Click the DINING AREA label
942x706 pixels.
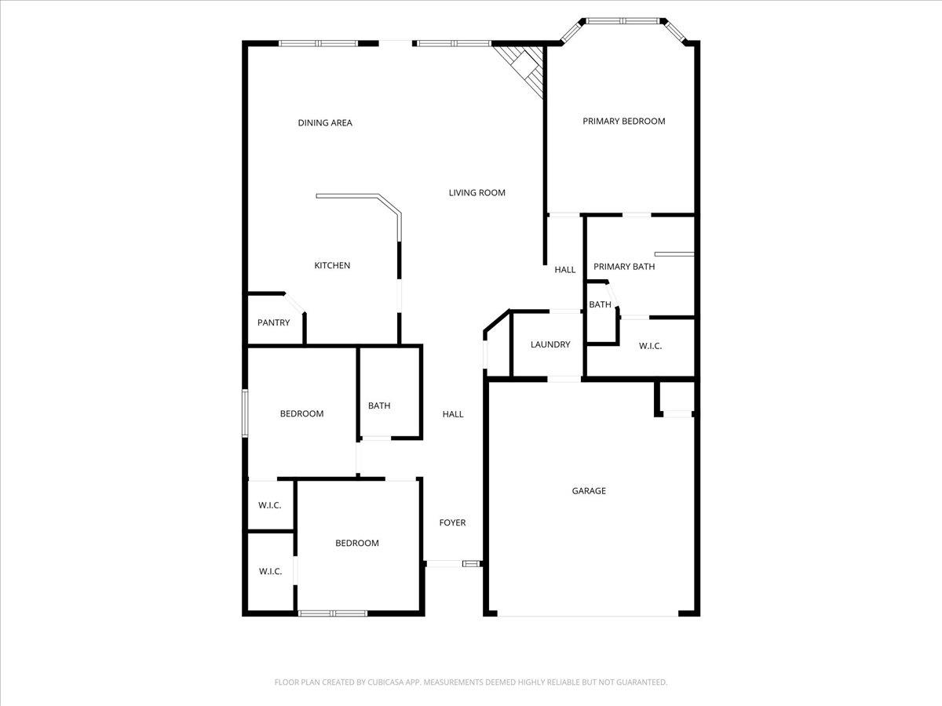click(x=325, y=122)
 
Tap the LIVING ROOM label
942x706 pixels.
click(x=476, y=192)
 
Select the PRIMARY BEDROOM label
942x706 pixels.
click(x=623, y=121)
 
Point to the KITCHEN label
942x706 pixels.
click(x=332, y=265)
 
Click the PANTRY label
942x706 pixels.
click(x=273, y=322)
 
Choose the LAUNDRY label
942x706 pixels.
click(x=549, y=344)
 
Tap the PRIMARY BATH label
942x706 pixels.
click(x=623, y=266)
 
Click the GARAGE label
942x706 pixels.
click(x=588, y=491)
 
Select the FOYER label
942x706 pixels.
click(x=452, y=522)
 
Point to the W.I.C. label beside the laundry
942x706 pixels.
click(x=650, y=345)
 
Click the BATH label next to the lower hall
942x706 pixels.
click(x=379, y=406)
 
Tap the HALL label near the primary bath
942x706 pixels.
click(x=564, y=270)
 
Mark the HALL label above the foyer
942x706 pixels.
click(x=452, y=414)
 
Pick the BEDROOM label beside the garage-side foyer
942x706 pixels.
click(x=356, y=543)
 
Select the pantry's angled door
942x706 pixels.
click(x=294, y=303)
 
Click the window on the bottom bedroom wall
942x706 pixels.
click(x=333, y=613)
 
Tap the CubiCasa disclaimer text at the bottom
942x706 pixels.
click(x=470, y=682)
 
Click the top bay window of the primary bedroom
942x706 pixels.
click(x=623, y=20)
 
